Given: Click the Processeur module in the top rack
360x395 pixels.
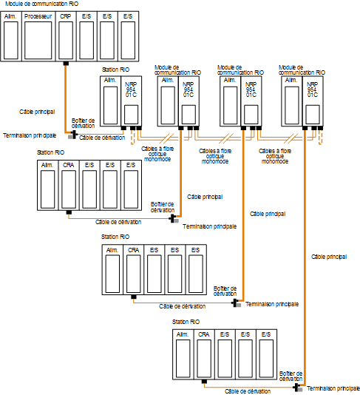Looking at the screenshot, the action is pyautogui.click(x=38, y=36).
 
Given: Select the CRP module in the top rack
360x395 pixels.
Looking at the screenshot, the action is pyautogui.click(x=66, y=36).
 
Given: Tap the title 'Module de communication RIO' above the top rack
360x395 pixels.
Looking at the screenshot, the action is pyautogui.click(x=42, y=4).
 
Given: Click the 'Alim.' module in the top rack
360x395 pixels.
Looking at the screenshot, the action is pyautogui.click(x=11, y=36).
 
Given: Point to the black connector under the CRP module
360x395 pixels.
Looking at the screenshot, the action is pyautogui.click(x=66, y=64).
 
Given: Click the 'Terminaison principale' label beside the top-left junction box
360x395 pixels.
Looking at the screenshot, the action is pyautogui.click(x=30, y=135).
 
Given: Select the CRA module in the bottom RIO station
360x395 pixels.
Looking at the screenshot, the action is pyautogui.click(x=204, y=354).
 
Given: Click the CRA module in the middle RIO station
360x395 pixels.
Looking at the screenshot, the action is pyautogui.click(x=133, y=269).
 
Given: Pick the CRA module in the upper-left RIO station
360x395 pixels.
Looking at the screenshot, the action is pyautogui.click(x=69, y=185).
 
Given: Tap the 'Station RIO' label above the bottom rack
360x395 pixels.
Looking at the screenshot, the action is pyautogui.click(x=186, y=322).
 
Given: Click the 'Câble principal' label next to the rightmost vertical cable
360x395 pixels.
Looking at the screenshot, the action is pyautogui.click(x=329, y=257).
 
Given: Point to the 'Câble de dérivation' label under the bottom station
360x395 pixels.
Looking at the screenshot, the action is pyautogui.click(x=248, y=391).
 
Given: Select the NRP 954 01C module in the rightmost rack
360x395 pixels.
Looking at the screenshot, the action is pyautogui.click(x=313, y=101).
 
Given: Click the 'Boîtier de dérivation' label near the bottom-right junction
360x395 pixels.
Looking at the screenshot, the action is pyautogui.click(x=291, y=376).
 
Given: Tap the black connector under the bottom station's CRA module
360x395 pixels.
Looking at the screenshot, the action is pyautogui.click(x=204, y=382).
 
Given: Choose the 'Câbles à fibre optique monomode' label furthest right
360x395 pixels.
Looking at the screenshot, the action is pyautogui.click(x=275, y=156).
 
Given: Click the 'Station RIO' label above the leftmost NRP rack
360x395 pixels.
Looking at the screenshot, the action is pyautogui.click(x=115, y=70).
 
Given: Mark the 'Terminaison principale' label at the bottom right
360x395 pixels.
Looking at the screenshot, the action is pyautogui.click(x=333, y=388).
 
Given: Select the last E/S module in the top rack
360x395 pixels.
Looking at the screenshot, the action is pyautogui.click(x=128, y=36).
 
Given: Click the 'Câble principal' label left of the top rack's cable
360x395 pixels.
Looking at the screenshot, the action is pyautogui.click(x=37, y=112).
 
